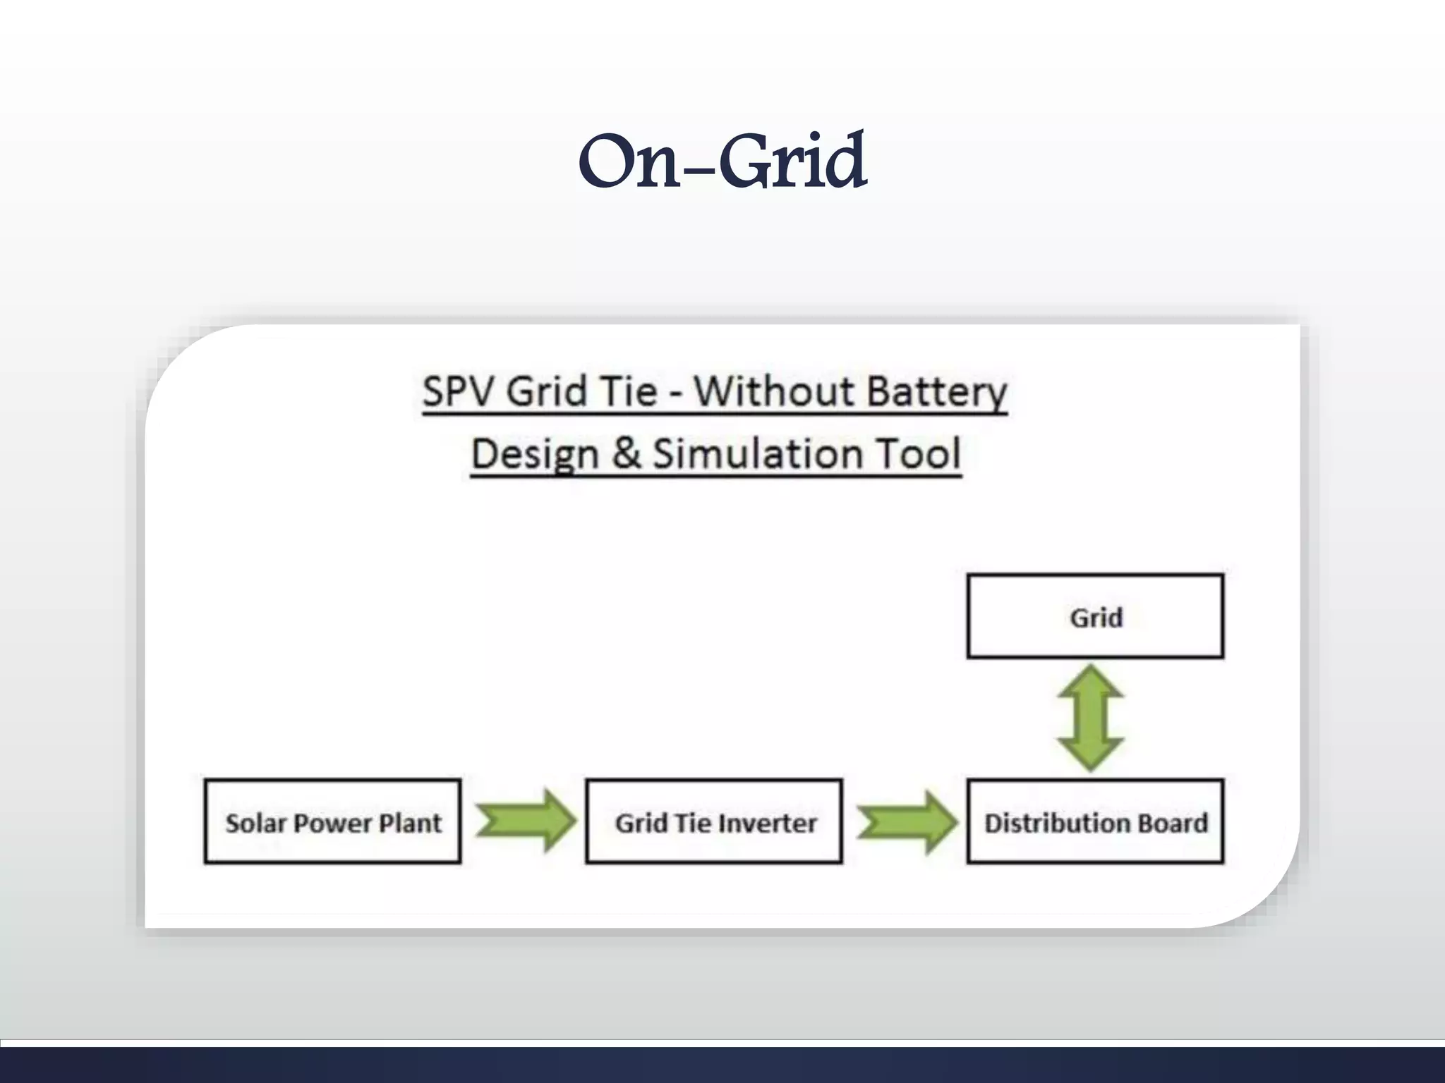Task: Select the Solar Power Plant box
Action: [x=332, y=821]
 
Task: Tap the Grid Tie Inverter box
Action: [x=714, y=821]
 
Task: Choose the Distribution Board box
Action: [x=1095, y=821]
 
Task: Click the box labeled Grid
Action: [x=1095, y=617]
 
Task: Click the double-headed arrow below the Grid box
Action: [x=1091, y=718]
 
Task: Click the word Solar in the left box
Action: [x=255, y=823]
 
